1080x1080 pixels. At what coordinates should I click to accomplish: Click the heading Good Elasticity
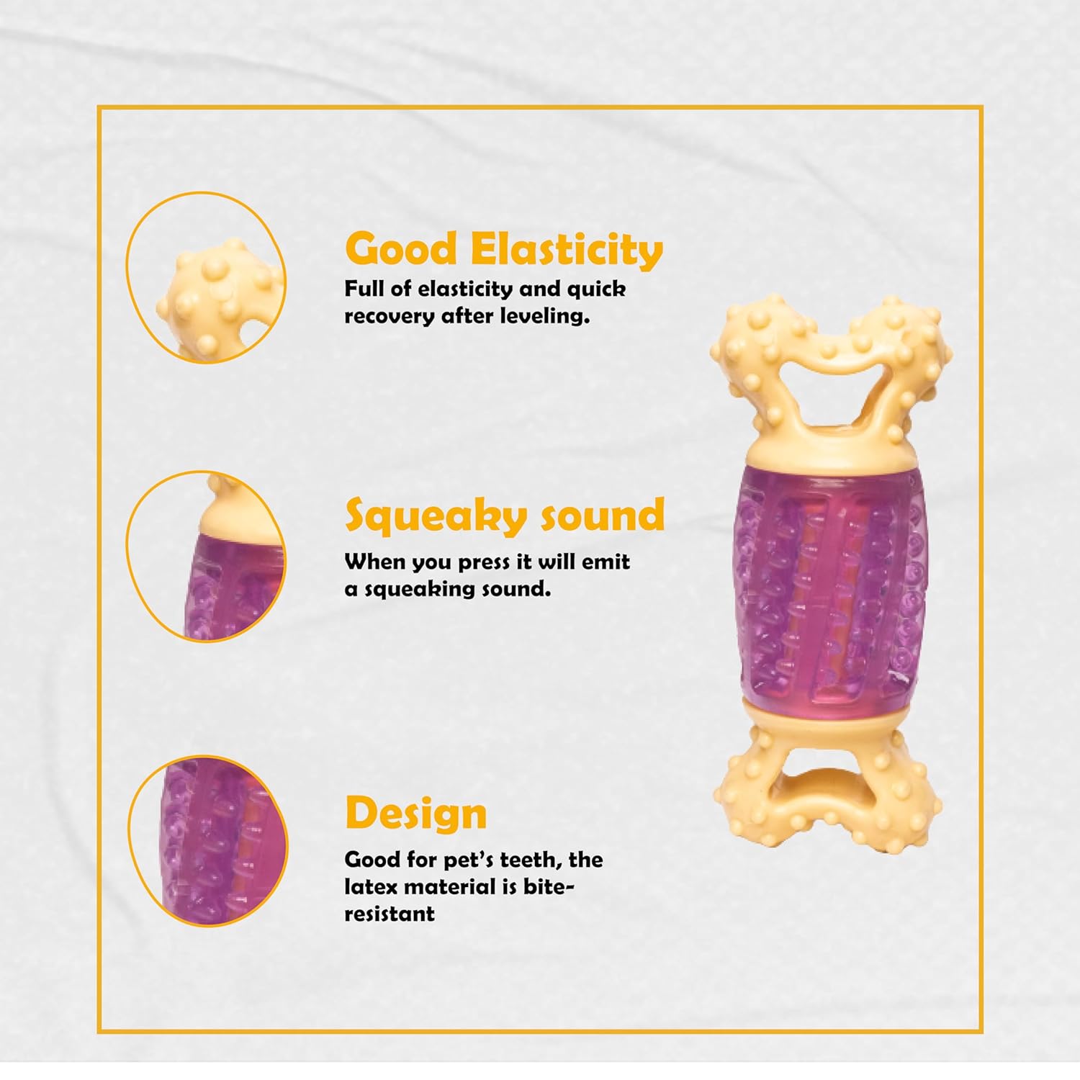click(504, 249)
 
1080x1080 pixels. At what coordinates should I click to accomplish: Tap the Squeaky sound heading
click(505, 515)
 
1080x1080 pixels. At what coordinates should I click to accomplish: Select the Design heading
click(416, 814)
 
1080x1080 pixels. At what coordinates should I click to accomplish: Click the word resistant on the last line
click(390, 914)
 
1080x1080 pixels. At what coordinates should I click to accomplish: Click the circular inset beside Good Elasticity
click(206, 277)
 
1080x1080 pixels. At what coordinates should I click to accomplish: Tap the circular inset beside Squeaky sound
click(206, 556)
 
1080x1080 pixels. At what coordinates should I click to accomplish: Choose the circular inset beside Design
click(207, 840)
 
